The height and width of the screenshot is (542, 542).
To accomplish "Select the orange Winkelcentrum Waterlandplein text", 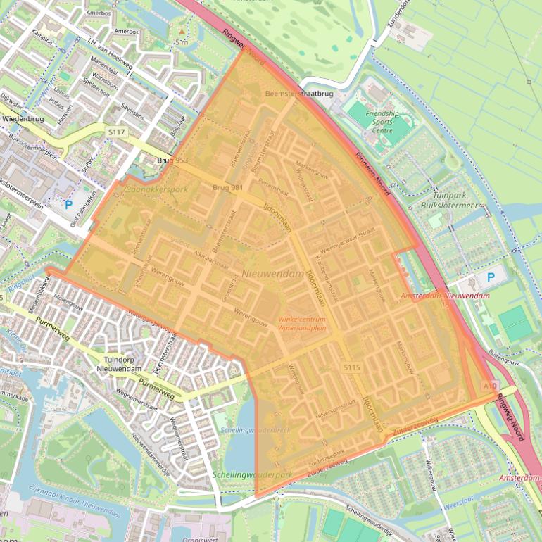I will click(302, 324).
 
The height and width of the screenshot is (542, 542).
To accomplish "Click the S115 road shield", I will click(352, 367).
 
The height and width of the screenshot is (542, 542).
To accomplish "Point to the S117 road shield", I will click(116, 132).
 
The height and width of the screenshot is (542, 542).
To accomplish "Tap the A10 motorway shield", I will click(490, 386).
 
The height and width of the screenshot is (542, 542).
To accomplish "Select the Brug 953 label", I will click(172, 160).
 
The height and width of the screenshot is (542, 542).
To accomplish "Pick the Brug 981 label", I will click(227, 187).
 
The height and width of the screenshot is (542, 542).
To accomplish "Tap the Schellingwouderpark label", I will click(252, 475).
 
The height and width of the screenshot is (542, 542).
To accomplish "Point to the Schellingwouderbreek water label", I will click(246, 429).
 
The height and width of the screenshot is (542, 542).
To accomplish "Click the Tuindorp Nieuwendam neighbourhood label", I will click(124, 364).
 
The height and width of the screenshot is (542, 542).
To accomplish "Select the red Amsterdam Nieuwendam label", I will click(445, 296).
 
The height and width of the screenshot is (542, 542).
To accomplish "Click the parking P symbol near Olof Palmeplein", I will click(68, 205).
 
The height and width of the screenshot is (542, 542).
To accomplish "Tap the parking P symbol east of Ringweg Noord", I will click(491, 277).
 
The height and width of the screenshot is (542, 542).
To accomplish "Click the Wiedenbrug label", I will click(24, 119).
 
